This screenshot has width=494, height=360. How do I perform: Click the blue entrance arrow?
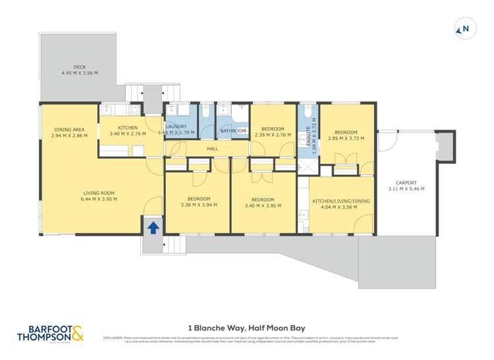click(x=153, y=228)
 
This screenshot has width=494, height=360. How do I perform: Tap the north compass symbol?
click(x=464, y=28)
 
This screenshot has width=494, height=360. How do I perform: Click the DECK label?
click(x=80, y=67)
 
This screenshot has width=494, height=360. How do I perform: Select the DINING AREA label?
click(x=69, y=129)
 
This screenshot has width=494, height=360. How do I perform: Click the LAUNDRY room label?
click(x=176, y=126)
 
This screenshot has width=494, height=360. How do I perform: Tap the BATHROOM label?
click(x=233, y=131)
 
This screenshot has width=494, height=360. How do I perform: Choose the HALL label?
click(x=212, y=149)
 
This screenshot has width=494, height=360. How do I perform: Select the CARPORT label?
click(x=406, y=182)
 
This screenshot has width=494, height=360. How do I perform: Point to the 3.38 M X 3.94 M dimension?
click(x=198, y=205)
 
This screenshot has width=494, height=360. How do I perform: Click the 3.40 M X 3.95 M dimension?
click(x=263, y=205)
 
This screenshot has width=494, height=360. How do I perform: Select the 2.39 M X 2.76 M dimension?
click(x=273, y=134)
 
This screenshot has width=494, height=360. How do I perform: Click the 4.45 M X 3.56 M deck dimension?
click(x=80, y=73)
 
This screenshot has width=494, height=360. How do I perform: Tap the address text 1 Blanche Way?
click(x=217, y=326)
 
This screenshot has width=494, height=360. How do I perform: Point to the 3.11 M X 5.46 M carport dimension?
click(x=406, y=189)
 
